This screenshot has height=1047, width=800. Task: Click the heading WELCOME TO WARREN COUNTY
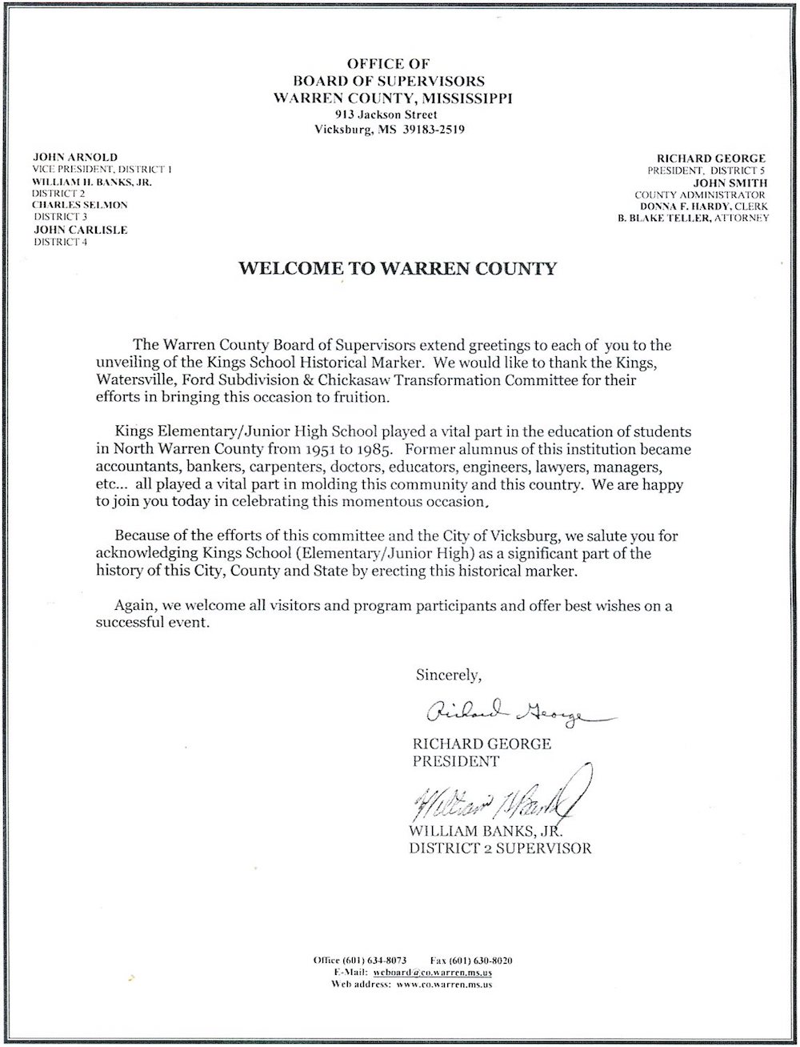397,268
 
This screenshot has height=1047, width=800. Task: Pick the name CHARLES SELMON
79,205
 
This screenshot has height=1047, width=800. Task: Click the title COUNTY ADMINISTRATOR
700,195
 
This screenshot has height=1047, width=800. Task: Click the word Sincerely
448,674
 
